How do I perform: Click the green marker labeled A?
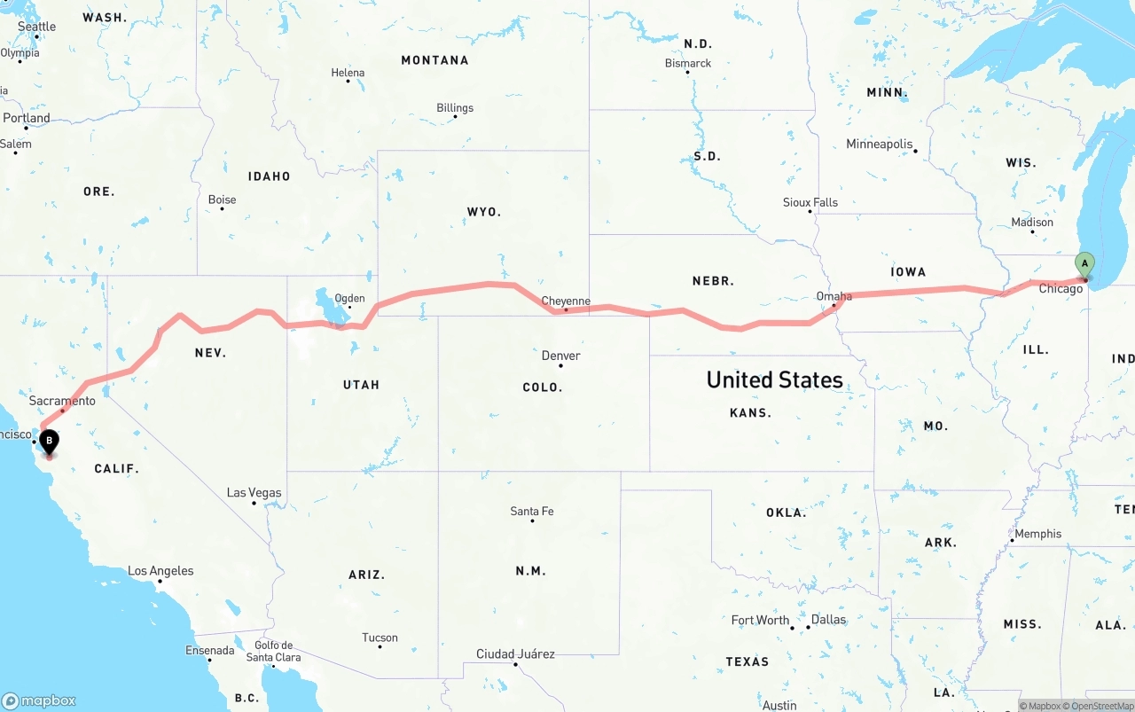coord(1084,264)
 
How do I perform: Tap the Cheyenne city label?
coord(566,301)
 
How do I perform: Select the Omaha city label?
coord(834,296)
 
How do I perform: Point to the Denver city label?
coord(561,356)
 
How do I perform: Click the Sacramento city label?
coord(62,401)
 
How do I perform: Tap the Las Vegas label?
coord(254,493)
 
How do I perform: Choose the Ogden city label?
coord(349,299)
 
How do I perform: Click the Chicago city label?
coord(1061,289)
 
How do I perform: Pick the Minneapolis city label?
coord(879,144)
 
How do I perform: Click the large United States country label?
coord(774,379)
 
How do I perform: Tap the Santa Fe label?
coord(532,512)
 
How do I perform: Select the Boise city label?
coord(222,200)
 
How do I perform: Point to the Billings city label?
coord(455,108)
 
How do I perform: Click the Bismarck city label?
coord(688,63)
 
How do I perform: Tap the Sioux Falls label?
coord(810,202)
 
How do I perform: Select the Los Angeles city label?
coord(160,571)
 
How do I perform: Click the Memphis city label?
coord(1037,534)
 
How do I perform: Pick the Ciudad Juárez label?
coord(515,654)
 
